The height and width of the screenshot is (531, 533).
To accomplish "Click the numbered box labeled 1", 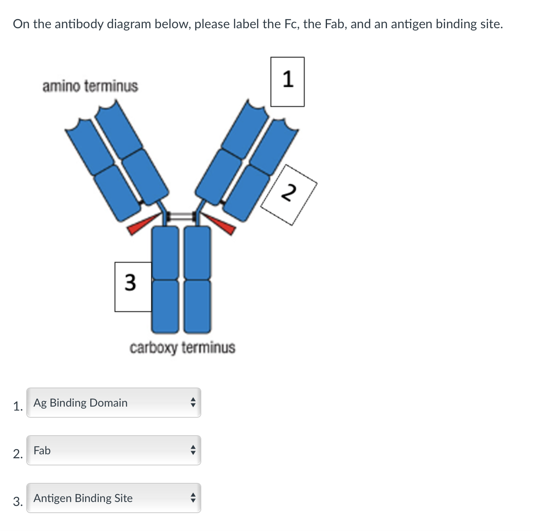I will click(287, 81).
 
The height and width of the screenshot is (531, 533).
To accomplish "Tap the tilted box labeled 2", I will click(289, 195).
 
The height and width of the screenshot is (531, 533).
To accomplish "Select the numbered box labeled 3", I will click(133, 286).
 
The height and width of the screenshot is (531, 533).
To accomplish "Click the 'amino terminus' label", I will click(90, 86).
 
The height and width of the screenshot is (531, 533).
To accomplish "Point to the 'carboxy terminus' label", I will click(182, 347).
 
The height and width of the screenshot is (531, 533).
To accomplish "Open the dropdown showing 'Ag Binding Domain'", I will click(114, 403).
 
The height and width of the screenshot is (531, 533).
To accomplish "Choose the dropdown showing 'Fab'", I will click(114, 450).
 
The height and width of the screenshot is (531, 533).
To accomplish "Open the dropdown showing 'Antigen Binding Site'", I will click(114, 498).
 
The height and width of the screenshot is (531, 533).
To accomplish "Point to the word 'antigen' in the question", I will click(412, 24).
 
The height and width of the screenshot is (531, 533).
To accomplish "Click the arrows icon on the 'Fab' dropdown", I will click(193, 450).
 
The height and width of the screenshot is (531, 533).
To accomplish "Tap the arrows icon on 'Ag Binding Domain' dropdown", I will click(193, 403).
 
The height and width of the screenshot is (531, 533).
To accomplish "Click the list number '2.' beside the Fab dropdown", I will click(18, 453).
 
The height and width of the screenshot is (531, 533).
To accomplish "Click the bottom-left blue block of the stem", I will click(165, 306).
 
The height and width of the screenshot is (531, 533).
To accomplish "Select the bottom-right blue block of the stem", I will click(197, 306).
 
